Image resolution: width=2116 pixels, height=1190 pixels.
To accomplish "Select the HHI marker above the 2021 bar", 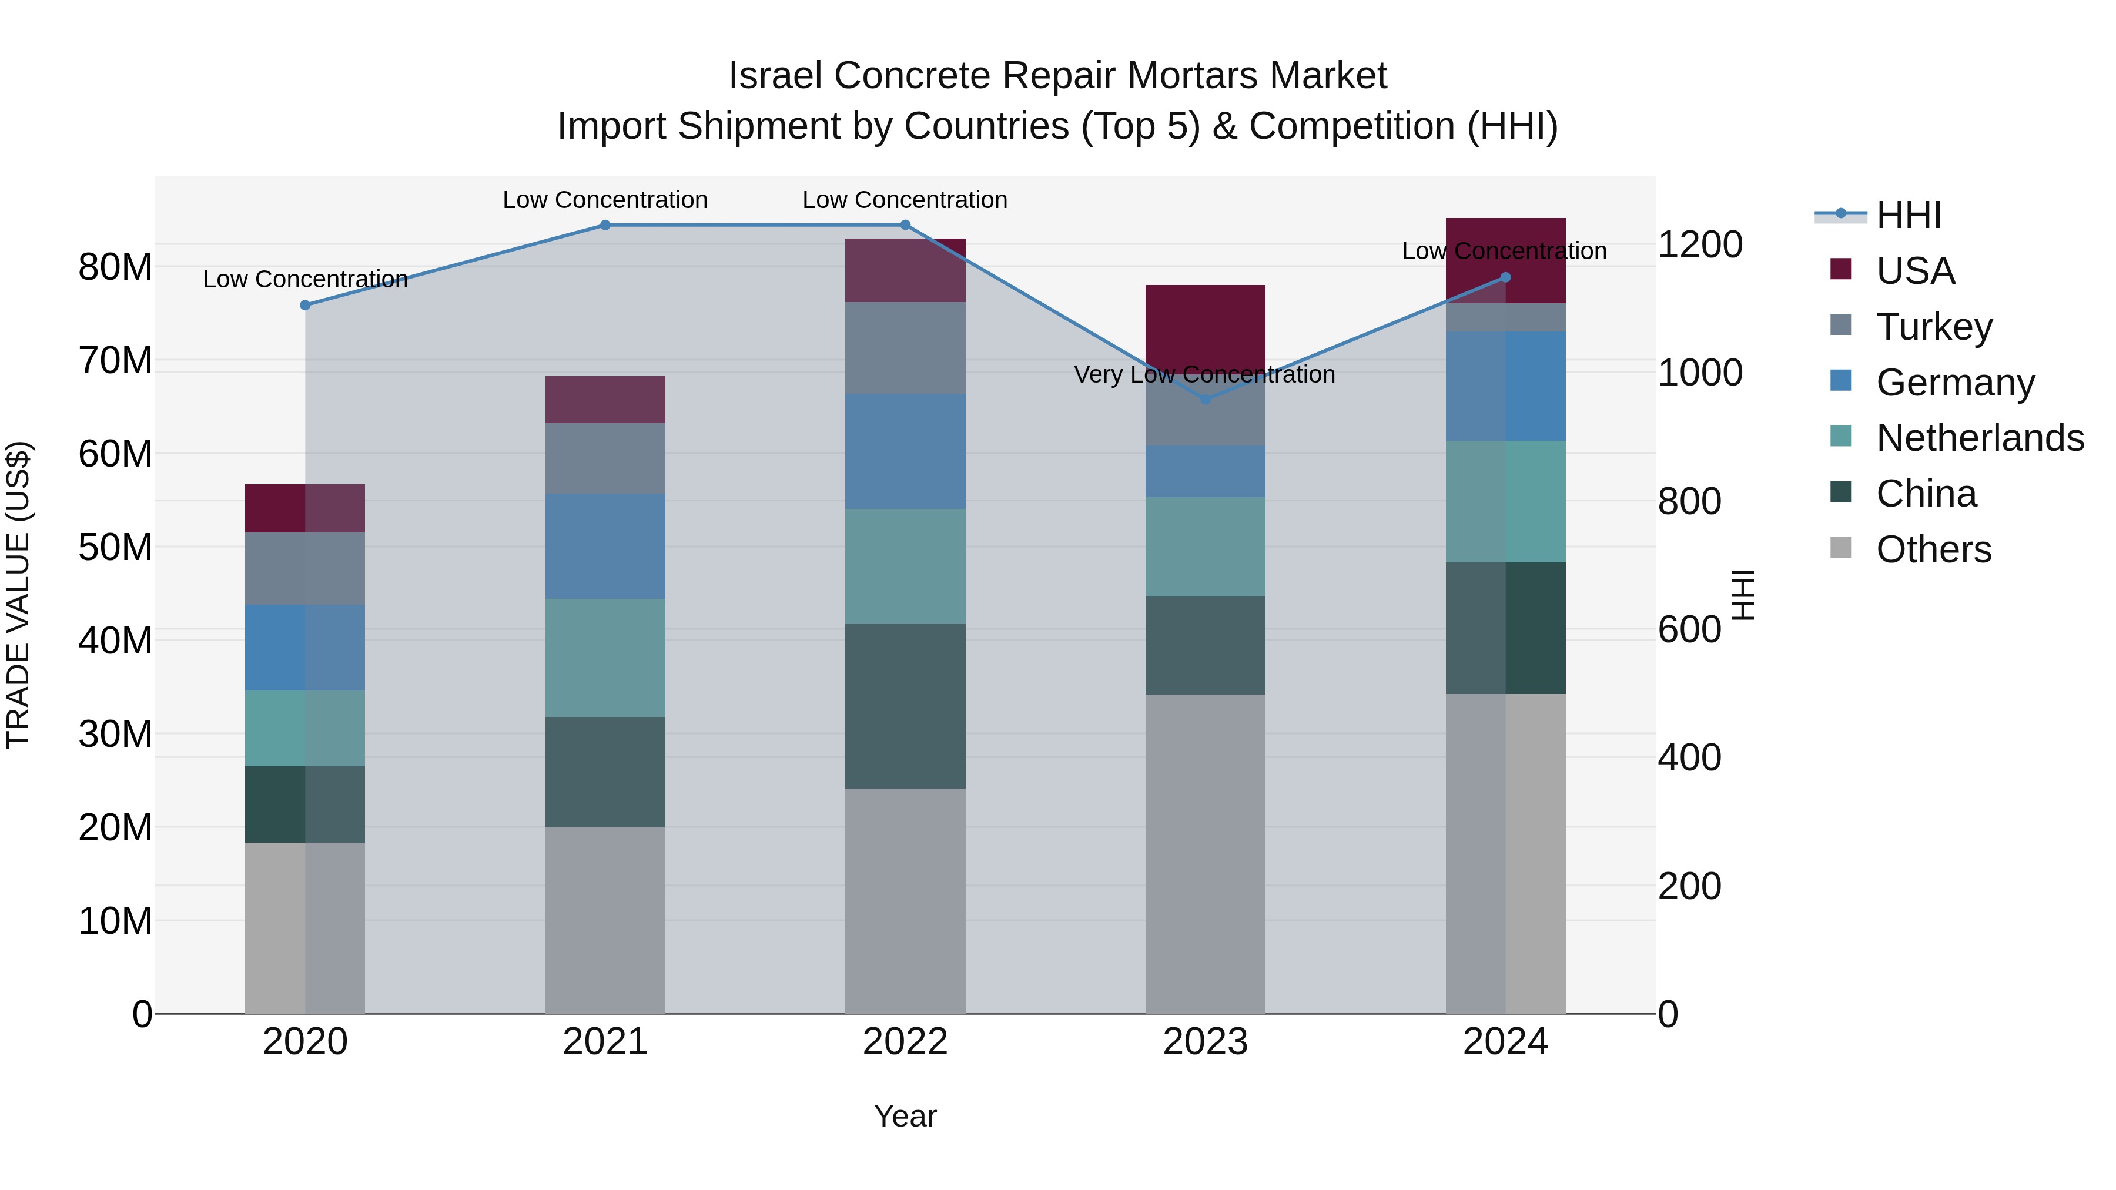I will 605,225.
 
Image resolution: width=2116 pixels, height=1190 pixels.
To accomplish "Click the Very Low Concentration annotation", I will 1204,374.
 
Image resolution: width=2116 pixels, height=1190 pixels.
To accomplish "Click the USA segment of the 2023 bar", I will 1205,324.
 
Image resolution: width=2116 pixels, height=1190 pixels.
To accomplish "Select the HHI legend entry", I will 1907,215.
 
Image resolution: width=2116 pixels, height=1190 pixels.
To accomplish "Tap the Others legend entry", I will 1933,549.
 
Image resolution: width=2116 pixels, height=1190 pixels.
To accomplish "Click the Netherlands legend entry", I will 1979,438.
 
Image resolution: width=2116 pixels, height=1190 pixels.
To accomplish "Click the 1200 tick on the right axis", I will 1699,244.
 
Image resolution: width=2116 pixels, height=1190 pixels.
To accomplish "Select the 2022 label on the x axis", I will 905,1042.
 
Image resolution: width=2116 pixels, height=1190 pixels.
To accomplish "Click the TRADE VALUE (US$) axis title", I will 18,595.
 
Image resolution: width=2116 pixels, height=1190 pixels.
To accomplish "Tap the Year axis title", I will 905,1116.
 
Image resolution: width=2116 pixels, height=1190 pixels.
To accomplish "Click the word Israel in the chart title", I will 775,76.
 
